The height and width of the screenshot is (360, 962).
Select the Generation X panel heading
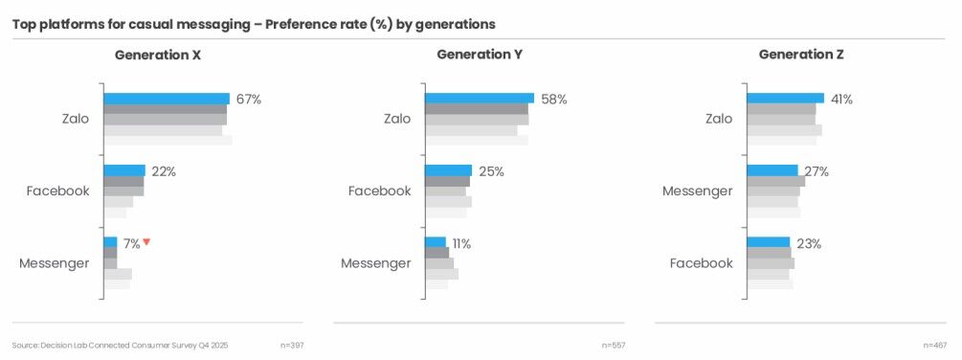point(158,56)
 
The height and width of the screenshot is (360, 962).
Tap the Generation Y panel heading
point(480,56)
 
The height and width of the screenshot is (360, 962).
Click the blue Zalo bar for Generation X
point(167,99)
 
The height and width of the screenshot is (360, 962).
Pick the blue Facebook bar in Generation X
point(124,170)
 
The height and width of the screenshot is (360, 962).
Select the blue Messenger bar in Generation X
point(110,242)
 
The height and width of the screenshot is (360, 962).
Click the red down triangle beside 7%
point(147,242)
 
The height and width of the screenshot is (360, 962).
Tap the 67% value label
point(249,99)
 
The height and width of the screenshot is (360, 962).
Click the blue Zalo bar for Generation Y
point(480,99)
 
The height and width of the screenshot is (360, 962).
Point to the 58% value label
point(554,99)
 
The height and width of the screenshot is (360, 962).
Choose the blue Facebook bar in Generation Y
point(449,170)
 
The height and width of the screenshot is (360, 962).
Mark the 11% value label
point(461,243)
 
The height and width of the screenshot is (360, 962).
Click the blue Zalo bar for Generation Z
point(786,99)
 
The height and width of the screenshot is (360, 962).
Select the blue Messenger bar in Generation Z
point(772,170)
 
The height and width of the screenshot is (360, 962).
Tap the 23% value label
point(809,243)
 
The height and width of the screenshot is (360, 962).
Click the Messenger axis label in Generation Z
point(698,191)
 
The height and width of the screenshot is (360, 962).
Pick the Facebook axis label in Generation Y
point(379,191)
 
